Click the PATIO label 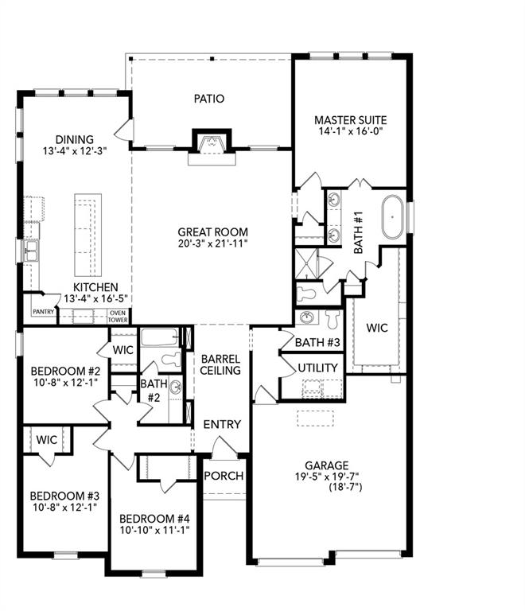pos(209,99)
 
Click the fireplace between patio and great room pos(211,144)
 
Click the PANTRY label pos(43,312)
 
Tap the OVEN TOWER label pos(118,316)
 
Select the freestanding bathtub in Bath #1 pos(393,217)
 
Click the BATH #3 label pos(318,343)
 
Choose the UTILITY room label pos(319,368)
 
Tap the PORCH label pos(224,476)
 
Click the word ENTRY pos(222,425)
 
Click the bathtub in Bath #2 pos(161,337)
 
